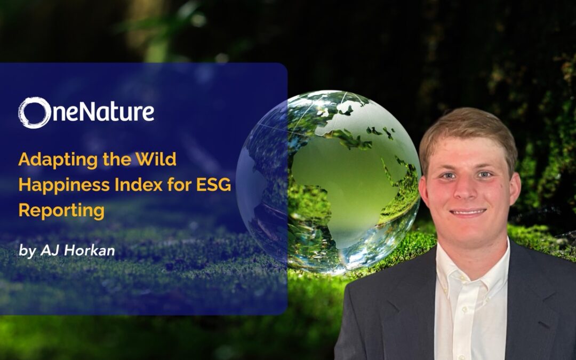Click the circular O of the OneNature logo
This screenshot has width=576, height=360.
point(35,113)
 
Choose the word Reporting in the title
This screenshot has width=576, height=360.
point(61,210)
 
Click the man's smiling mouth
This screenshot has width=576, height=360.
point(468,212)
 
